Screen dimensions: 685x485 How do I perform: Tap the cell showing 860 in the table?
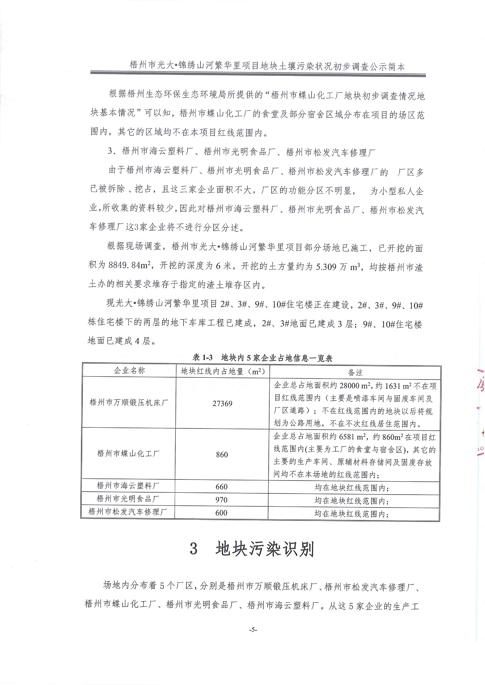click(222, 455)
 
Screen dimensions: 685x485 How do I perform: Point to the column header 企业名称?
click(129, 371)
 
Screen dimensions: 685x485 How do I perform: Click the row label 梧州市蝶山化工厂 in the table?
click(128, 454)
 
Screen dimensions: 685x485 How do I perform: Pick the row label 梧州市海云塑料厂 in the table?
click(128, 486)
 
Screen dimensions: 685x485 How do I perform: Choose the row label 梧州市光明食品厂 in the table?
click(128, 498)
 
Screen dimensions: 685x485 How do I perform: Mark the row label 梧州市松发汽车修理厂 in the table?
click(128, 512)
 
